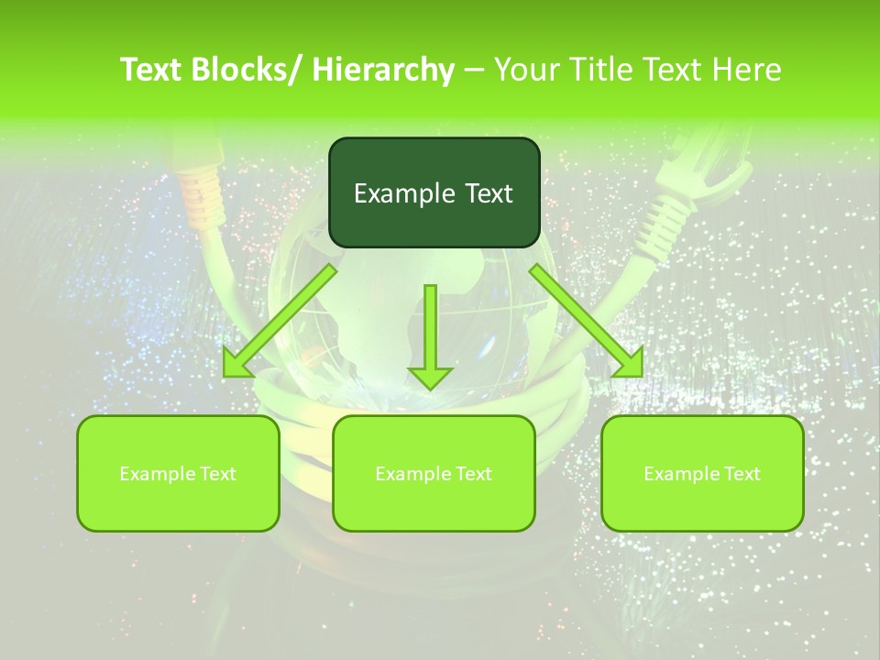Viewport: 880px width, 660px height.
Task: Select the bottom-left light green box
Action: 178,473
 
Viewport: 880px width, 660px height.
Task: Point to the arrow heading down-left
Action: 280,321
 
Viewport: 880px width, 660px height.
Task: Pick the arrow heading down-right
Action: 587,321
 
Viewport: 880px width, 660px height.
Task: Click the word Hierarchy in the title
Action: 383,70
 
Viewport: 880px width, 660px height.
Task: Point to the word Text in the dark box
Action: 487,193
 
